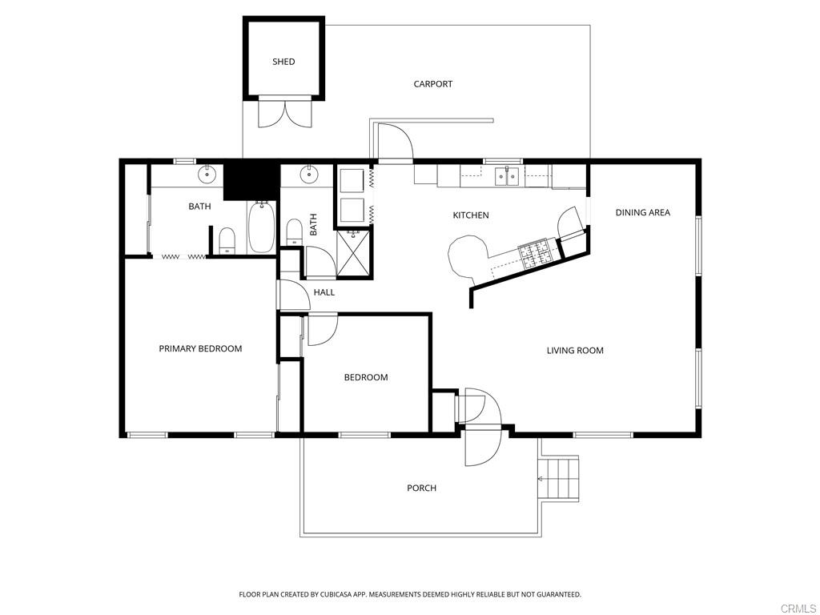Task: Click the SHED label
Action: click(283, 62)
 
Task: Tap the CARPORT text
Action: click(432, 84)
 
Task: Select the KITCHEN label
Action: click(470, 215)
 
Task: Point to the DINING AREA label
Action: click(642, 212)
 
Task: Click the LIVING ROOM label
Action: click(575, 350)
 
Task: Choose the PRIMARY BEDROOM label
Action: click(200, 348)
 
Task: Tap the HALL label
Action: click(324, 292)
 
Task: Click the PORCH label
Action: click(421, 488)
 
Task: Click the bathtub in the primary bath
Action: click(262, 227)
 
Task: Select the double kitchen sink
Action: click(506, 175)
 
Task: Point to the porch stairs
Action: click(560, 478)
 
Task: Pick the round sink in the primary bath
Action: click(208, 172)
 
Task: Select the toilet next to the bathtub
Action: click(227, 239)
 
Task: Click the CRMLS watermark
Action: click(798, 608)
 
